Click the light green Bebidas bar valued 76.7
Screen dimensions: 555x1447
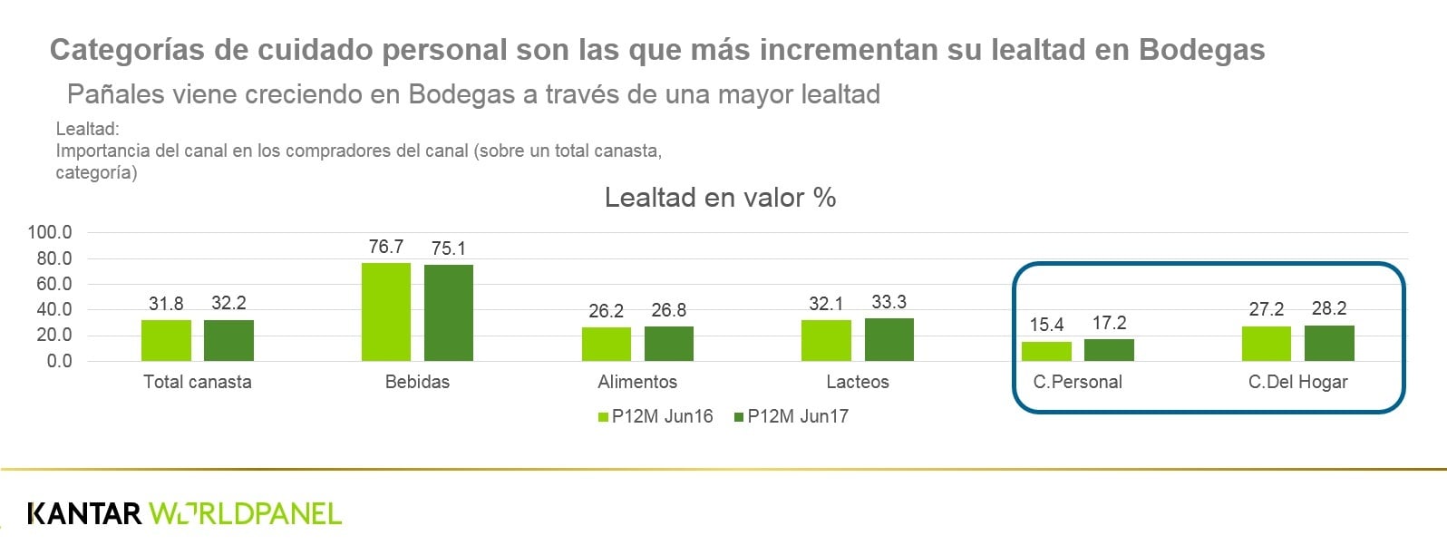[x=386, y=311]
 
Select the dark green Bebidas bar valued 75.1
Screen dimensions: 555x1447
[x=449, y=312]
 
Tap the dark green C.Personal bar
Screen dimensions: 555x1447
[x=1109, y=350]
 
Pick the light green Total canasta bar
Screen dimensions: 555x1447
[x=166, y=340]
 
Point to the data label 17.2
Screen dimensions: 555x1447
[x=1109, y=323]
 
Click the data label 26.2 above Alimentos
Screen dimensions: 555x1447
[x=606, y=311]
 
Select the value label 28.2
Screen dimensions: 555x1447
[x=1329, y=308]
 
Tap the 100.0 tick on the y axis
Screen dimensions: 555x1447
[x=50, y=232]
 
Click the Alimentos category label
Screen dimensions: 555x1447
[x=637, y=382]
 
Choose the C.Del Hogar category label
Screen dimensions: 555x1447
[x=1297, y=382]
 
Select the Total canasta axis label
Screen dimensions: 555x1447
[x=197, y=382]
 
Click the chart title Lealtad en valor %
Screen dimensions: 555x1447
[x=720, y=197]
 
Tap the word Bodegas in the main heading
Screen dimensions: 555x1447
[x=1201, y=49]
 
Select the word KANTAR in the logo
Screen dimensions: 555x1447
[x=84, y=513]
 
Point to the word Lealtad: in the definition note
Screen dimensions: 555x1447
[x=88, y=130]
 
